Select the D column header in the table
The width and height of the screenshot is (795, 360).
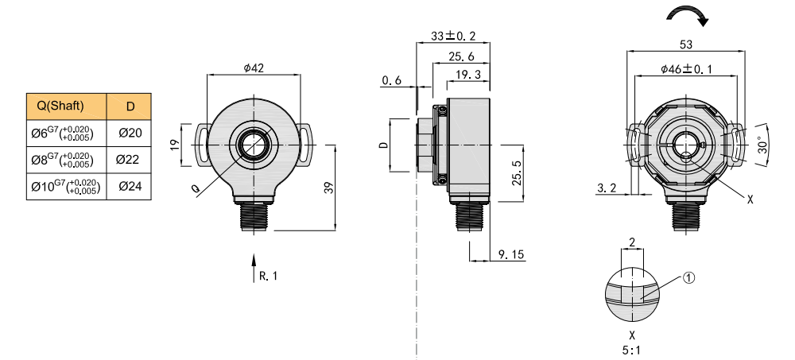click(130, 106)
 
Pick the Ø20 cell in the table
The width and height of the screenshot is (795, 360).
click(130, 133)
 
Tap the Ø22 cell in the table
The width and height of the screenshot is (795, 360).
click(130, 160)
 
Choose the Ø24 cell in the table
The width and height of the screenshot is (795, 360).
click(130, 187)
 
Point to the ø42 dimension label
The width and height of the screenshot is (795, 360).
click(254, 68)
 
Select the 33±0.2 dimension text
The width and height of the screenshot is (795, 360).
click(453, 37)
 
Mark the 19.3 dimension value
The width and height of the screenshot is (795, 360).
click(469, 75)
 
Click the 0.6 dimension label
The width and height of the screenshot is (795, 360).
click(392, 81)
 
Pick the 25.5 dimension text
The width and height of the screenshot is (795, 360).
click(518, 172)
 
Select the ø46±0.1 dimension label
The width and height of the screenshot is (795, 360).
click(686, 70)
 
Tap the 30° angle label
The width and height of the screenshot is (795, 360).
click(762, 144)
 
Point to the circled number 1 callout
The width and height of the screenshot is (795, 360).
click(688, 278)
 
